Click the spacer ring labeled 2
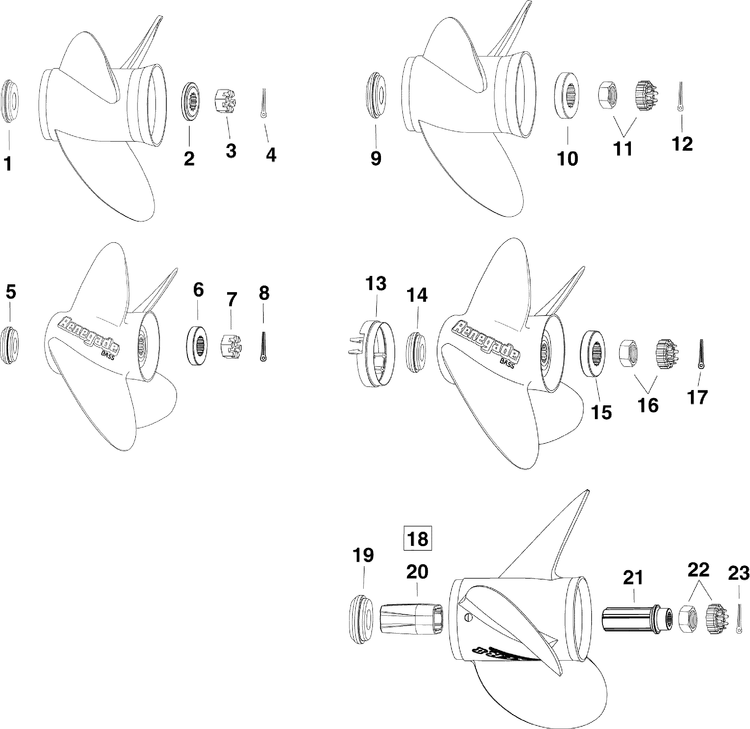189,102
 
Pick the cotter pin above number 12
680,96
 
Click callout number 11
623,148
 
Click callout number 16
648,405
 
